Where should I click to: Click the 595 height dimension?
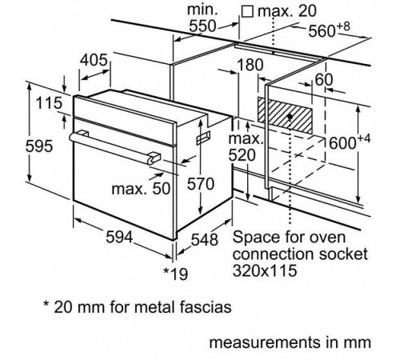coord(16,146)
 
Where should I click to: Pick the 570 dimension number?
coord(201,183)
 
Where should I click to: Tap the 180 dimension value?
coord(251,65)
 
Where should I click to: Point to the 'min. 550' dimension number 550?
coord(207,26)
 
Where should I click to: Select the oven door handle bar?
coord(112,146)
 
